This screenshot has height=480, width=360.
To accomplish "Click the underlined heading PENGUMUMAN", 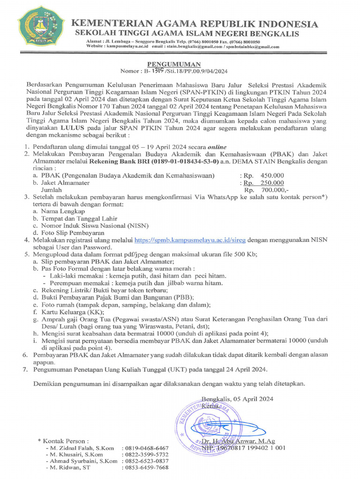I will tap(174, 64).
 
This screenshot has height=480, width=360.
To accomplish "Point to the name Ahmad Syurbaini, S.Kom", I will tap(82, 461).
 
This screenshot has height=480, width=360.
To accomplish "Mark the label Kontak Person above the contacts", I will tap(65, 441).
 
